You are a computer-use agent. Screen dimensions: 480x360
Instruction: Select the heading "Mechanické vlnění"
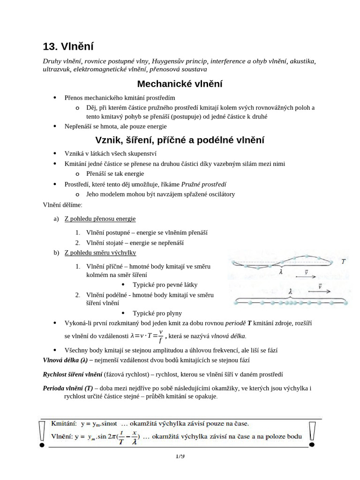point(180,84)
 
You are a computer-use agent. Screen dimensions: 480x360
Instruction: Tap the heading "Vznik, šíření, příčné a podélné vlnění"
point(180,140)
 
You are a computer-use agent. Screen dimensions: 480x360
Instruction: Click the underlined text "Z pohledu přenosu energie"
point(100,218)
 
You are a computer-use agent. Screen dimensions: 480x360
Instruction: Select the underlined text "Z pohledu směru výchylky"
point(100,253)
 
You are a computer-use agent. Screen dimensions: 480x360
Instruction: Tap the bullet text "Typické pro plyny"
point(157,313)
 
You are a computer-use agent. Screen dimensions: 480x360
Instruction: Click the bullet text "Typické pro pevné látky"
point(165,285)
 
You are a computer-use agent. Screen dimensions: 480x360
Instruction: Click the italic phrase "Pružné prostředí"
point(207,184)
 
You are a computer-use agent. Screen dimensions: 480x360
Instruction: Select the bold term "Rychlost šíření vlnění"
point(73,374)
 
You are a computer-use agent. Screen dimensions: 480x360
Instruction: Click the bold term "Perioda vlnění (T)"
point(67,388)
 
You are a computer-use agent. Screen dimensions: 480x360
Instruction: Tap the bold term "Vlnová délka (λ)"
point(65,360)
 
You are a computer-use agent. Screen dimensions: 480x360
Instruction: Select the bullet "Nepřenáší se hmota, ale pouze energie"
point(115,126)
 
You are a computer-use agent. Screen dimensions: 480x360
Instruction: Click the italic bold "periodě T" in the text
point(239,323)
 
